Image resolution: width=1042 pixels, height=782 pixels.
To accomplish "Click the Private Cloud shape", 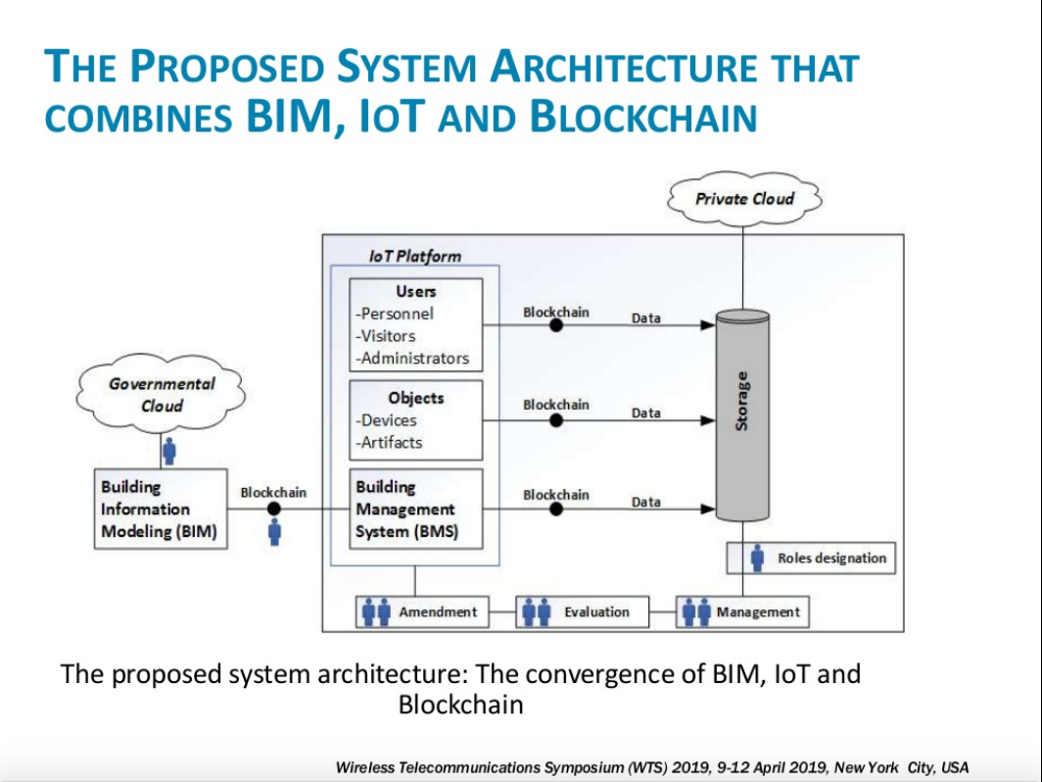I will (744, 199).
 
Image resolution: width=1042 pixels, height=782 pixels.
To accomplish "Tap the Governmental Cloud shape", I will (163, 394).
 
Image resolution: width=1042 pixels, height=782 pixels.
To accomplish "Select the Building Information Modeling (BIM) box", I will (158, 510).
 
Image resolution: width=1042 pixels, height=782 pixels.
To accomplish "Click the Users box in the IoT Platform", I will (416, 324).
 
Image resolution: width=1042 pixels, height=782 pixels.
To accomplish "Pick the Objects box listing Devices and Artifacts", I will (416, 420).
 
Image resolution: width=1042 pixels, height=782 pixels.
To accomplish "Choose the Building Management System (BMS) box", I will (416, 510).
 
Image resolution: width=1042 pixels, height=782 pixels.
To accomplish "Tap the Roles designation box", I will (810, 559).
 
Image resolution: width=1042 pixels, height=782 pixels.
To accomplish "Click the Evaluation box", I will (583, 612).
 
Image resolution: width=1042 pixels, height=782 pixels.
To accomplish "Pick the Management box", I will (743, 612).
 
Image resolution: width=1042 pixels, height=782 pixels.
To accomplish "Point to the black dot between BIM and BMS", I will (274, 509).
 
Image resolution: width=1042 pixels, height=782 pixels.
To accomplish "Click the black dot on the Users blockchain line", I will (556, 325).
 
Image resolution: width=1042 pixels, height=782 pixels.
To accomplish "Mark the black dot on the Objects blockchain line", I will (556, 420).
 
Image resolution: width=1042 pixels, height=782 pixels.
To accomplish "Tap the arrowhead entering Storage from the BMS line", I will (707, 509).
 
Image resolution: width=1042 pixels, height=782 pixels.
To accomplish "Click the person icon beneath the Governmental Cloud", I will (168, 451).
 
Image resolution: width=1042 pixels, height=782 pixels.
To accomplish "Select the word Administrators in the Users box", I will (414, 358).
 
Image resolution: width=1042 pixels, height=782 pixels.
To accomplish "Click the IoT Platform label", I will (414, 256).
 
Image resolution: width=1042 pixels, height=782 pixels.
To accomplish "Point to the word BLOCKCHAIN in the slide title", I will (643, 117).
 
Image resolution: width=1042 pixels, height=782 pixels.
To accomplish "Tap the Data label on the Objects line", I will (645, 413).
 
